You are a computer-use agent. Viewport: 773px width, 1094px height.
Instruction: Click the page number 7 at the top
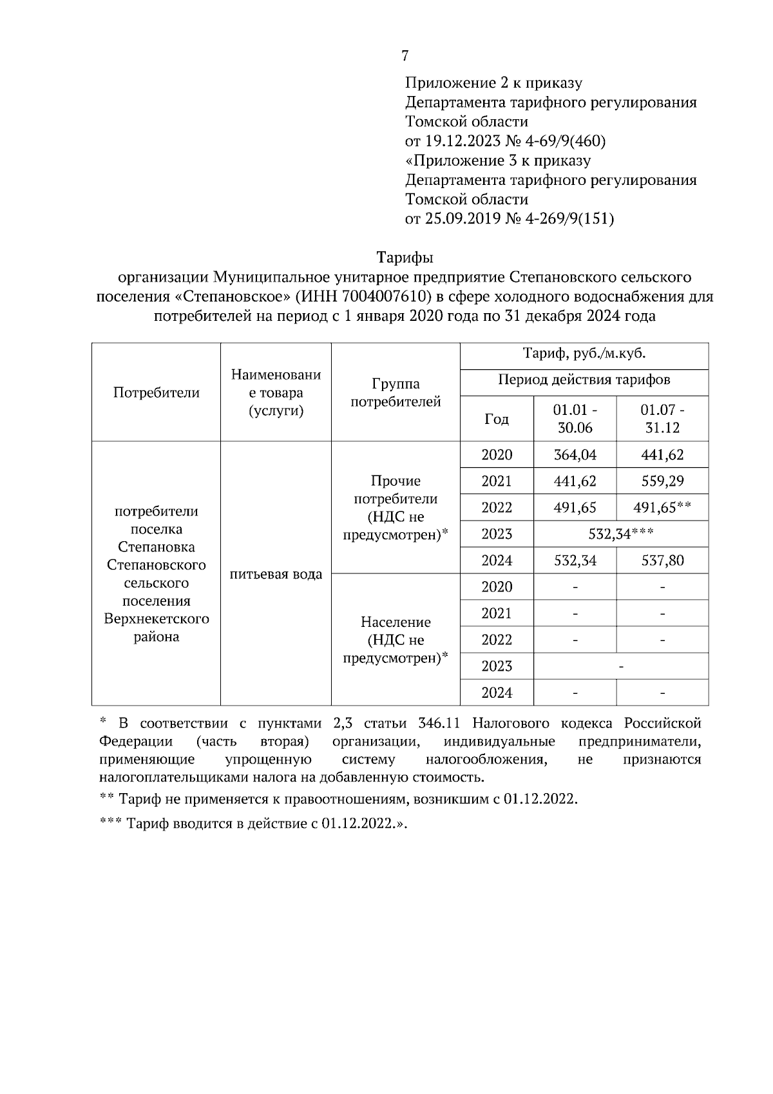(x=405, y=56)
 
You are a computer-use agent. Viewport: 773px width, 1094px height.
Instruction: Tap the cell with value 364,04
(x=575, y=455)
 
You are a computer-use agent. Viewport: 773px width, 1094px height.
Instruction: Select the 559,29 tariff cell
(x=662, y=481)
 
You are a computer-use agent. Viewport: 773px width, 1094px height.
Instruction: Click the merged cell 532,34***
(x=621, y=534)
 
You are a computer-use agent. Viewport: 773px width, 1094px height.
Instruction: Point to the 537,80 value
(x=662, y=561)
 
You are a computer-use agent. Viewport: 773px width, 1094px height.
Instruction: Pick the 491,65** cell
(x=662, y=508)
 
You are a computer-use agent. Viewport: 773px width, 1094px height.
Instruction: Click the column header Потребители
(x=157, y=392)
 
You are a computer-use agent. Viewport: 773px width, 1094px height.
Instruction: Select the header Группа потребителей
(x=396, y=392)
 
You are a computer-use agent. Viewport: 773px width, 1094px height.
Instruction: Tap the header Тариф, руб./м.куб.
(x=584, y=354)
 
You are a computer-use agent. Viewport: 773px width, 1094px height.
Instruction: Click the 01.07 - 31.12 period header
(x=662, y=418)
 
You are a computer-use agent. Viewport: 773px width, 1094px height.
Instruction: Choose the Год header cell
(x=497, y=419)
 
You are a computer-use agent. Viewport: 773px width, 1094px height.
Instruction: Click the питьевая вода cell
(x=276, y=574)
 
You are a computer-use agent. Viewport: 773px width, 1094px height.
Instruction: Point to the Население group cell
(x=396, y=640)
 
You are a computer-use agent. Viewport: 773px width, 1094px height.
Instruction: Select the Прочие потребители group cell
(x=396, y=508)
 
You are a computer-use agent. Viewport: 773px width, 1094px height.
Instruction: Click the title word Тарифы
(x=405, y=258)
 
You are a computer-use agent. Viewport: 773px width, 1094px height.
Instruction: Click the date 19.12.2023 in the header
(x=459, y=140)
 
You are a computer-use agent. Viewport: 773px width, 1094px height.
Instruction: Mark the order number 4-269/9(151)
(x=570, y=218)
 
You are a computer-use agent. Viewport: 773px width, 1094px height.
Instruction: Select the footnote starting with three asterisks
(x=254, y=823)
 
